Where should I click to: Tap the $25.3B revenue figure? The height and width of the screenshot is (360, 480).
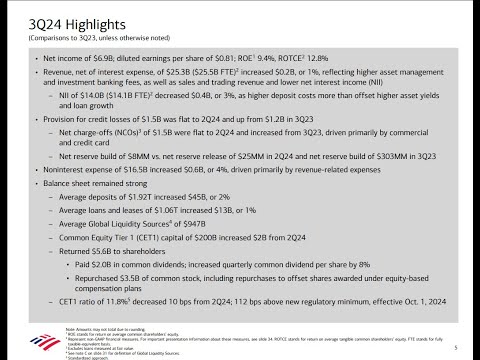coord(188,74)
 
